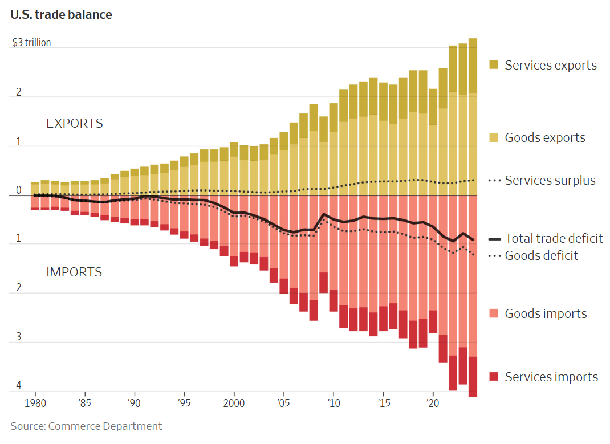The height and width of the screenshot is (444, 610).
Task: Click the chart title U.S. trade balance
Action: (61, 15)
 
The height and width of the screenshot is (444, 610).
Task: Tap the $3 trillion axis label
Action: (32, 43)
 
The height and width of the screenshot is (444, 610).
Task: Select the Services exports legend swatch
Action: (494, 65)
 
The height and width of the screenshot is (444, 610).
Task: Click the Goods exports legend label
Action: (544, 137)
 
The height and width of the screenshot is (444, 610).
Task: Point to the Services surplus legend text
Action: (550, 180)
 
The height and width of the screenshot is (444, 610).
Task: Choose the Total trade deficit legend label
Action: (554, 238)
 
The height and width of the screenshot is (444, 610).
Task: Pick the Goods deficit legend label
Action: (541, 255)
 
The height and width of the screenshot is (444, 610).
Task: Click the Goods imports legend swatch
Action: (494, 313)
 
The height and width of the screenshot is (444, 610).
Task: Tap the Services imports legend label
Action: (551, 377)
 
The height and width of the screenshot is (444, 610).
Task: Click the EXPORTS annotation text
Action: (75, 123)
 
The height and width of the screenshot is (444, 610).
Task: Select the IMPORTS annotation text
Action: (74, 272)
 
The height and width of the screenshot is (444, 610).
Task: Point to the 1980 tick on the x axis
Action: (35, 404)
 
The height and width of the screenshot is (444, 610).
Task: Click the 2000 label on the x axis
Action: (234, 404)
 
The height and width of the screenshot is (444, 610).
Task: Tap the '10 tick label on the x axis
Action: (334, 404)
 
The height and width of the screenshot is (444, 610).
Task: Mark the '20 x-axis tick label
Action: (433, 404)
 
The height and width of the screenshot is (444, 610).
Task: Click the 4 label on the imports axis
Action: (18, 386)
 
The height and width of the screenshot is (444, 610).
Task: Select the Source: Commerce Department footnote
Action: (86, 426)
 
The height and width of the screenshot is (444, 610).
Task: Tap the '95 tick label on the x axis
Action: (184, 404)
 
